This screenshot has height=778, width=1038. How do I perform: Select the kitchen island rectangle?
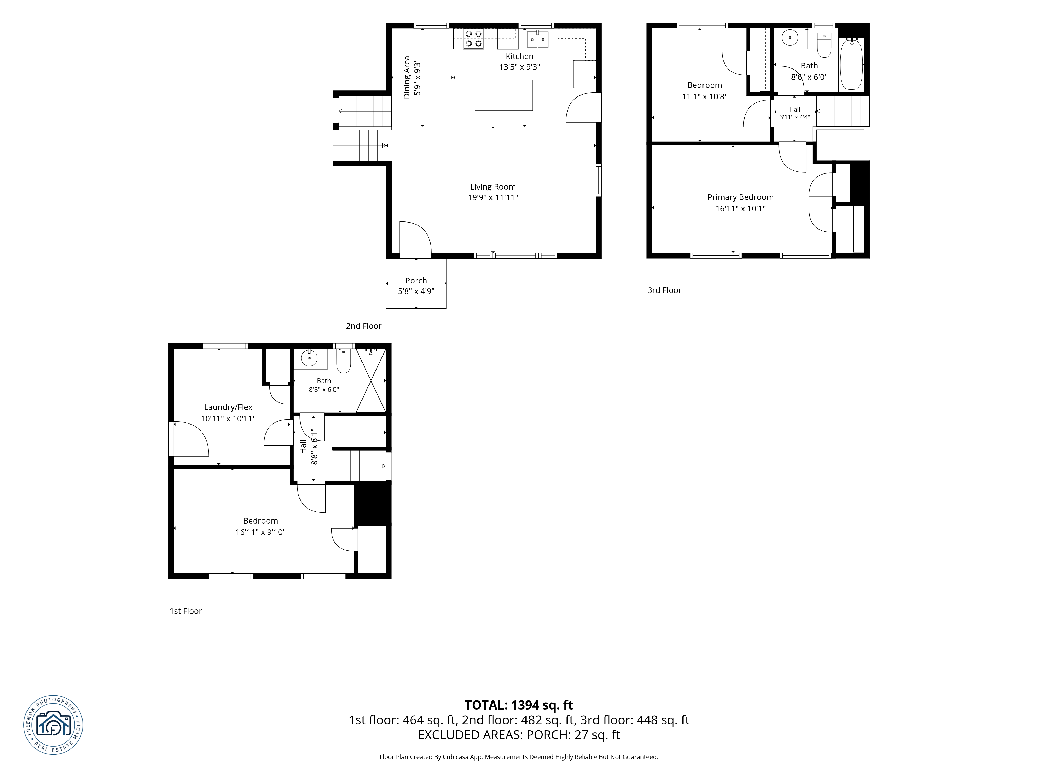503,95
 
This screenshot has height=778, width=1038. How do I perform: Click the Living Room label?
493,187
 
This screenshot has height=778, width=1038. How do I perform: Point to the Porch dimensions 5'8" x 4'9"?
416,291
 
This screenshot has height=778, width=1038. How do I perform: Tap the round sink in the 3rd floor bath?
790,38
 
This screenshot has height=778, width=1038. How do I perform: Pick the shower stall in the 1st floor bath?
371,380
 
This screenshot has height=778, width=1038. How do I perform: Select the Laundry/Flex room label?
228,407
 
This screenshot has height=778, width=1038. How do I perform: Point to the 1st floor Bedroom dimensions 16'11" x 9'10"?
261,532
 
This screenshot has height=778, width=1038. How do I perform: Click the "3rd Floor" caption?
665,290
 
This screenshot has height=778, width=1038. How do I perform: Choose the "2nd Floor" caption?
364,326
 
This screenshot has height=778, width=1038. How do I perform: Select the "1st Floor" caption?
186,611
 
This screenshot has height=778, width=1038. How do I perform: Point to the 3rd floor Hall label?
794,109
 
